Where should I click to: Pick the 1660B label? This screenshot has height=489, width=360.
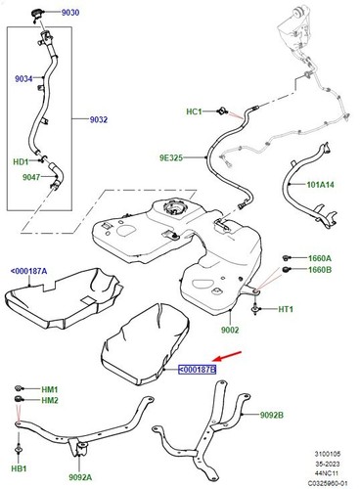click(x=320, y=269)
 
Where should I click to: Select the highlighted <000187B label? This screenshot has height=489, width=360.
click(x=197, y=370)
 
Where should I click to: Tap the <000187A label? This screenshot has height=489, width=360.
click(x=28, y=272)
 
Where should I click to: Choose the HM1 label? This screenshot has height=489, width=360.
click(x=49, y=388)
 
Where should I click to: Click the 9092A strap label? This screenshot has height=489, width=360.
click(x=81, y=476)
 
